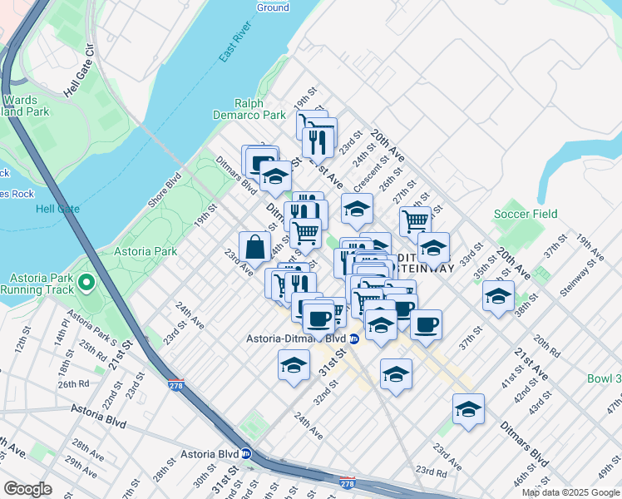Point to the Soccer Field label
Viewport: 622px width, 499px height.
coord(525,214)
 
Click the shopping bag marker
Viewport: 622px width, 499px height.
coord(254,246)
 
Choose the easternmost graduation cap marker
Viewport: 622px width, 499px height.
coord(498,296)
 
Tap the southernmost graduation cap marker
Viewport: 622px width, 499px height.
coord(468,409)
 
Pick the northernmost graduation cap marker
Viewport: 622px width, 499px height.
coord(276,175)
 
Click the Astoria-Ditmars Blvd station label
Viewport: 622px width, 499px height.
coord(294,338)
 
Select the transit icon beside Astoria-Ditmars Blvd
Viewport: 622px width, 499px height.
coord(354,338)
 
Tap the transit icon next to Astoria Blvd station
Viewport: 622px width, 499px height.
coord(246,454)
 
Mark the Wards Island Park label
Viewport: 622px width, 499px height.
coord(23,105)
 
